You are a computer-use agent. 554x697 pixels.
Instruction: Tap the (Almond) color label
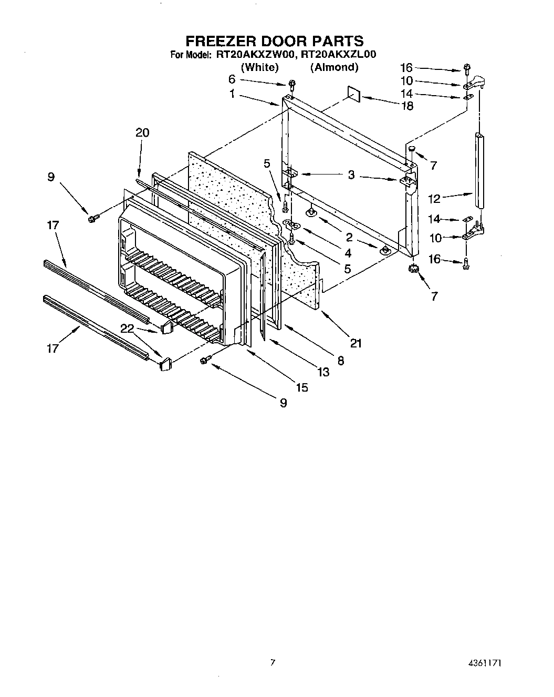(334, 67)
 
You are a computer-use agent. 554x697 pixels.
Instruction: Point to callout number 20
(142, 132)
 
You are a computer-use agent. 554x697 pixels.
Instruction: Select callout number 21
(356, 343)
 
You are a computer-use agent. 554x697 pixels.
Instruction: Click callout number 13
(323, 372)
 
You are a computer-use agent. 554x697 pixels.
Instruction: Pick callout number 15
(302, 387)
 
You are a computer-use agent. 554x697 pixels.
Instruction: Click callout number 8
(341, 361)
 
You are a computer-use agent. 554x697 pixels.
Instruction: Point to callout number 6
(232, 79)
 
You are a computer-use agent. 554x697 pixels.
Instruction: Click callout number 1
(232, 95)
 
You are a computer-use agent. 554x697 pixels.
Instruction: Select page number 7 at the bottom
(273, 663)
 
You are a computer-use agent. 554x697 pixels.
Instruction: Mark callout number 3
(351, 175)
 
